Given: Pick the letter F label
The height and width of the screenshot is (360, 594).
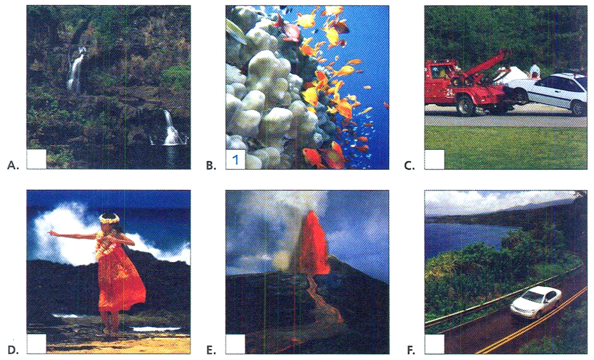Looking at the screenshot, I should tap(410, 349).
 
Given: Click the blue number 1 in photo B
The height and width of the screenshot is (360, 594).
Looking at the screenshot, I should tap(235, 160).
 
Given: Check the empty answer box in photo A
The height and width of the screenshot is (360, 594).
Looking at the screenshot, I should tap(37, 159).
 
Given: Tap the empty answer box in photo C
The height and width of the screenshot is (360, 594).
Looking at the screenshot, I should tap(434, 159).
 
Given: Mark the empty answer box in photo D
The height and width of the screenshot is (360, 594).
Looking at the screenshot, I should tap(37, 343).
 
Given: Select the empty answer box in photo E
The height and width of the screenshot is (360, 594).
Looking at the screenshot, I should tap(235, 343).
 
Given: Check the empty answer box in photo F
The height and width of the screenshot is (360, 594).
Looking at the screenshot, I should tap(434, 343).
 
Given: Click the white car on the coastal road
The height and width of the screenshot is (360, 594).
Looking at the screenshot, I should tap(536, 302).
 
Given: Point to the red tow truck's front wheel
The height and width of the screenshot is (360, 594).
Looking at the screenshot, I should tap(465, 106).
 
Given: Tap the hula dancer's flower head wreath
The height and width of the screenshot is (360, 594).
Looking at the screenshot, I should tap(110, 218).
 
